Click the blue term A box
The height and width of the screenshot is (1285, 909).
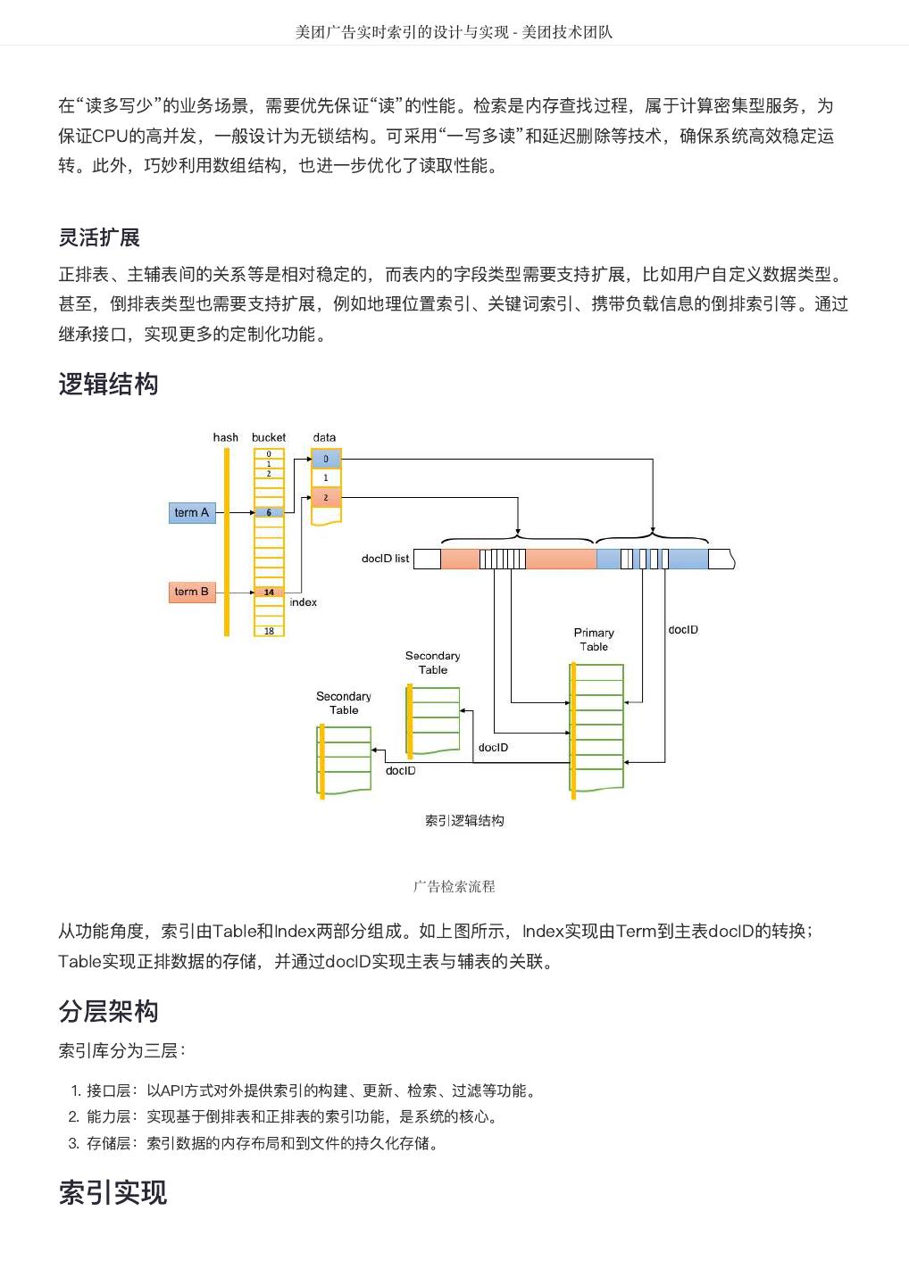(x=192, y=513)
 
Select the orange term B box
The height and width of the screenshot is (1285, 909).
(x=192, y=592)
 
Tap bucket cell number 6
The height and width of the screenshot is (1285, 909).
(x=269, y=513)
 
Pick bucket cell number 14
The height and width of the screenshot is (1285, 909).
(x=269, y=593)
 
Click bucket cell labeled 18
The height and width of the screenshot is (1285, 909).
(x=269, y=631)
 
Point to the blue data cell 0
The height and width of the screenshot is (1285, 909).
(x=326, y=460)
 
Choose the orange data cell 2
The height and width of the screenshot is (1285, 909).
(x=326, y=498)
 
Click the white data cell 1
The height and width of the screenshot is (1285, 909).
(x=326, y=478)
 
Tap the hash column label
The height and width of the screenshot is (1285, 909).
(x=226, y=437)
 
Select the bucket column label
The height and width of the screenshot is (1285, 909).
(x=269, y=437)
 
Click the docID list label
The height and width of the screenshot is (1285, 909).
(x=385, y=559)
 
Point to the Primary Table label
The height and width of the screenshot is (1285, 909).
(x=594, y=640)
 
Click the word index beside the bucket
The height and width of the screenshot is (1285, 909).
(x=304, y=602)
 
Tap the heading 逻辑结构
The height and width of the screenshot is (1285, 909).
(x=108, y=385)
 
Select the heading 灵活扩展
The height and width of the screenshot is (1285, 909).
(x=99, y=237)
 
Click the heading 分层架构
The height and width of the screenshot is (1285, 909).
(x=108, y=1011)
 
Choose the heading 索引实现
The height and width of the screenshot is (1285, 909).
(x=113, y=1193)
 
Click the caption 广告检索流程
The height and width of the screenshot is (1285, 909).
(x=454, y=887)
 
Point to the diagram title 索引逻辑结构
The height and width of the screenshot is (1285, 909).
(x=464, y=821)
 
